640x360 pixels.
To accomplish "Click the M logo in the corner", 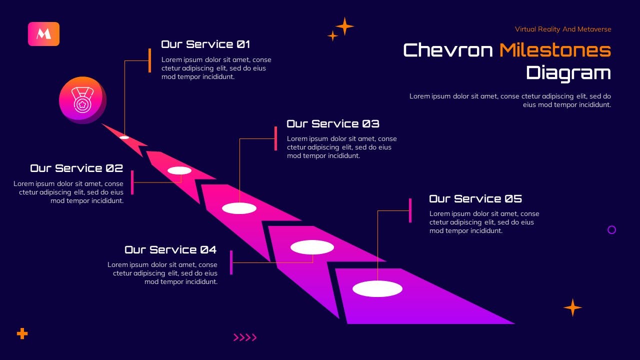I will tap(43, 34).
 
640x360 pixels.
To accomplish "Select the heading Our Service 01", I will tap(205, 44).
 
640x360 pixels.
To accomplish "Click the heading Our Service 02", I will tap(76, 168).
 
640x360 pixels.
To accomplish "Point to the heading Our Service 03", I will tap(333, 124).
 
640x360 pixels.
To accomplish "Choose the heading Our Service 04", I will tap(170, 250).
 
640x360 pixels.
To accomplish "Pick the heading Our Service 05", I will tap(475, 199).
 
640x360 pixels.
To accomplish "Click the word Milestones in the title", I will tap(555, 50).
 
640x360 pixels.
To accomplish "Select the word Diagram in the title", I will tap(568, 73).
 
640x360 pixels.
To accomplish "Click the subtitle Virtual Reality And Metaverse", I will tap(563, 29).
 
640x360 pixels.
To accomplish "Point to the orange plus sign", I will tap(22, 333).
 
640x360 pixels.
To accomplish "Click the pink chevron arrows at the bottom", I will tap(245, 337).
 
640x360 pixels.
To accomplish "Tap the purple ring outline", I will tap(611, 230).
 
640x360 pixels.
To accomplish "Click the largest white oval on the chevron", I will tap(377, 289).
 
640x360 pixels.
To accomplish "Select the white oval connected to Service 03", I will tap(239, 208).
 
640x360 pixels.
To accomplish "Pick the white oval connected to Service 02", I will tap(179, 170).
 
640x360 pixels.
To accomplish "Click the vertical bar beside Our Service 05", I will tap(410, 210).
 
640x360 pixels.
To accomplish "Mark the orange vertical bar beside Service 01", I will tap(149, 60).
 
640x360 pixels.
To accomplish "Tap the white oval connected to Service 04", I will tap(312, 247).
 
